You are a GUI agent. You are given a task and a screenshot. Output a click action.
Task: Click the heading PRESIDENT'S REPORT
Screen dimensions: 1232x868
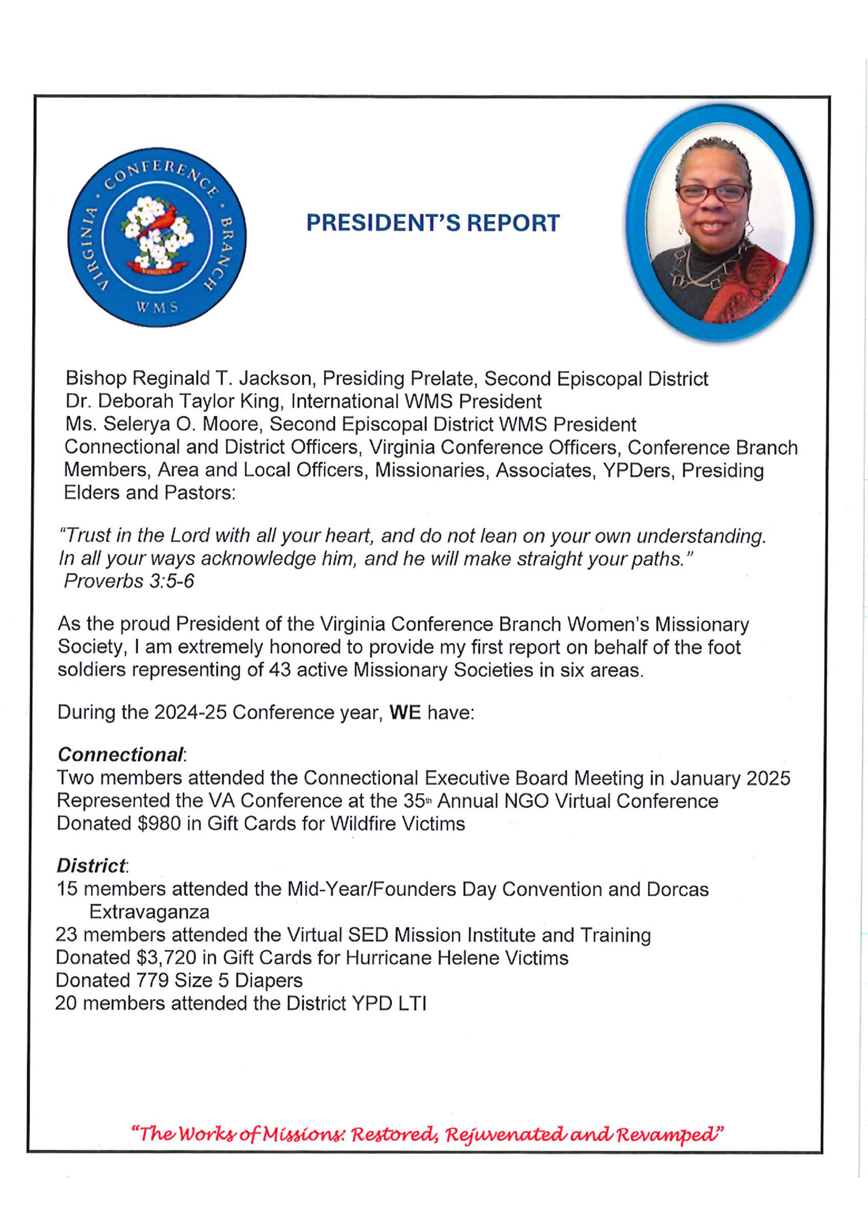click(x=432, y=223)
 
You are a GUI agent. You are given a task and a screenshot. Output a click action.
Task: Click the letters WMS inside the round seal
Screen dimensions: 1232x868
click(x=157, y=307)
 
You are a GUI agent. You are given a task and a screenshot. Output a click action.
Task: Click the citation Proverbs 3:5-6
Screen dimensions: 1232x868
click(x=129, y=581)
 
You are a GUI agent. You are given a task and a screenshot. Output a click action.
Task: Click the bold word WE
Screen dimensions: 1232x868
click(x=405, y=712)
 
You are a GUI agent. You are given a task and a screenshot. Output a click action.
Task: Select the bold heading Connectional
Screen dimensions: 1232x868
click(x=120, y=755)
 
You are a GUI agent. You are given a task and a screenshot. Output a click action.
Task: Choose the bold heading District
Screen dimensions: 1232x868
click(x=91, y=865)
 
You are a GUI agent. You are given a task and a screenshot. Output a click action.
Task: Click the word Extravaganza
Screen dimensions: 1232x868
click(x=149, y=912)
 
